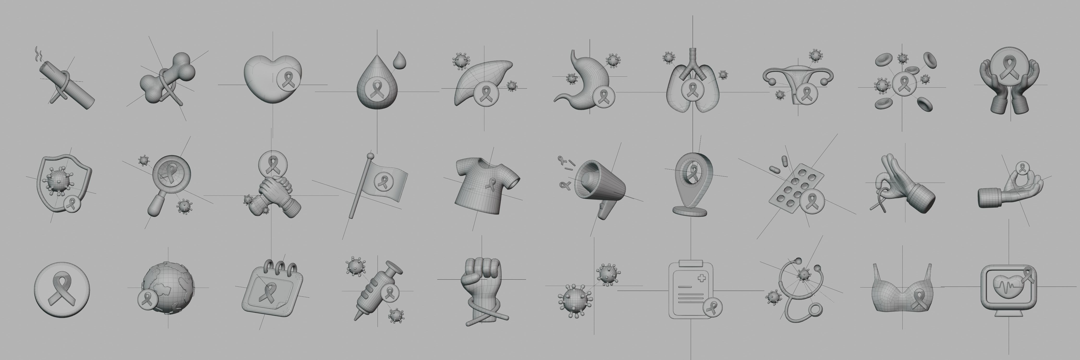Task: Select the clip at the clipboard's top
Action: pos(690,263)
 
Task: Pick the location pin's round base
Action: pos(690,210)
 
